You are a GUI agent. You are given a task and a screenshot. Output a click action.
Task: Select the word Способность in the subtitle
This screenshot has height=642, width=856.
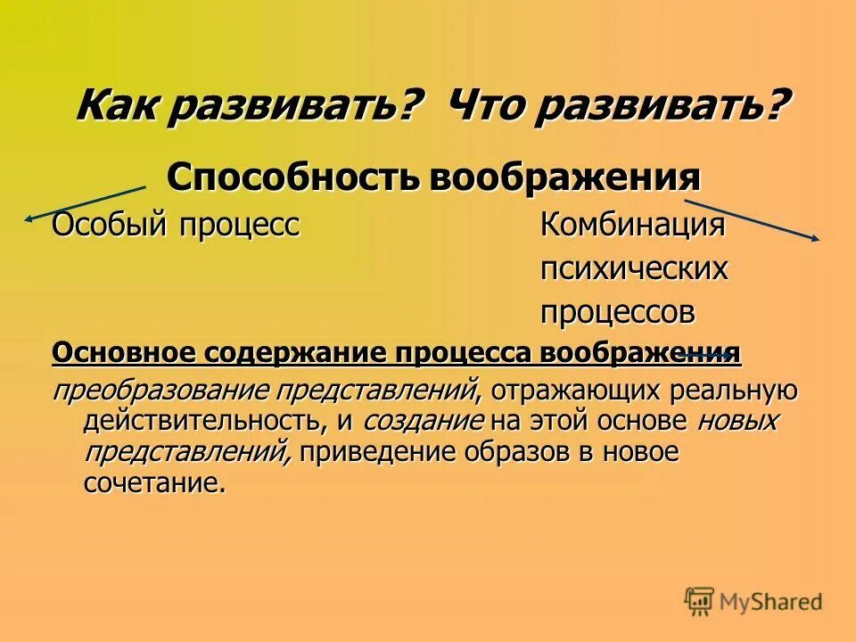[293, 177]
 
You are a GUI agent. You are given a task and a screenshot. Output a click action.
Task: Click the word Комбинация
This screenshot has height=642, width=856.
[632, 225]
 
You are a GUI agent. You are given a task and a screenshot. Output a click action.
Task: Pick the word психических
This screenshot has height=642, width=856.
[634, 268]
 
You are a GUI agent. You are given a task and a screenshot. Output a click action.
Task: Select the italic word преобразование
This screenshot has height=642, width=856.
[160, 391]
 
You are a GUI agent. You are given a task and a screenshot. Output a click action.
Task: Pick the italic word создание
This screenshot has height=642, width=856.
[424, 421]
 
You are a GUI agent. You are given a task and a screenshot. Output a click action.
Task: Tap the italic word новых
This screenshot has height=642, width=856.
[737, 421]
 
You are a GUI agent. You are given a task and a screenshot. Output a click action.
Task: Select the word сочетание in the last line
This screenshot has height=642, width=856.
[151, 483]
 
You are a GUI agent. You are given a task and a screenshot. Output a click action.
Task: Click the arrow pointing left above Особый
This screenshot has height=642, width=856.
[85, 202]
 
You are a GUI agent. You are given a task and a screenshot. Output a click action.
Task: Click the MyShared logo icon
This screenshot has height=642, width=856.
[700, 602]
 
